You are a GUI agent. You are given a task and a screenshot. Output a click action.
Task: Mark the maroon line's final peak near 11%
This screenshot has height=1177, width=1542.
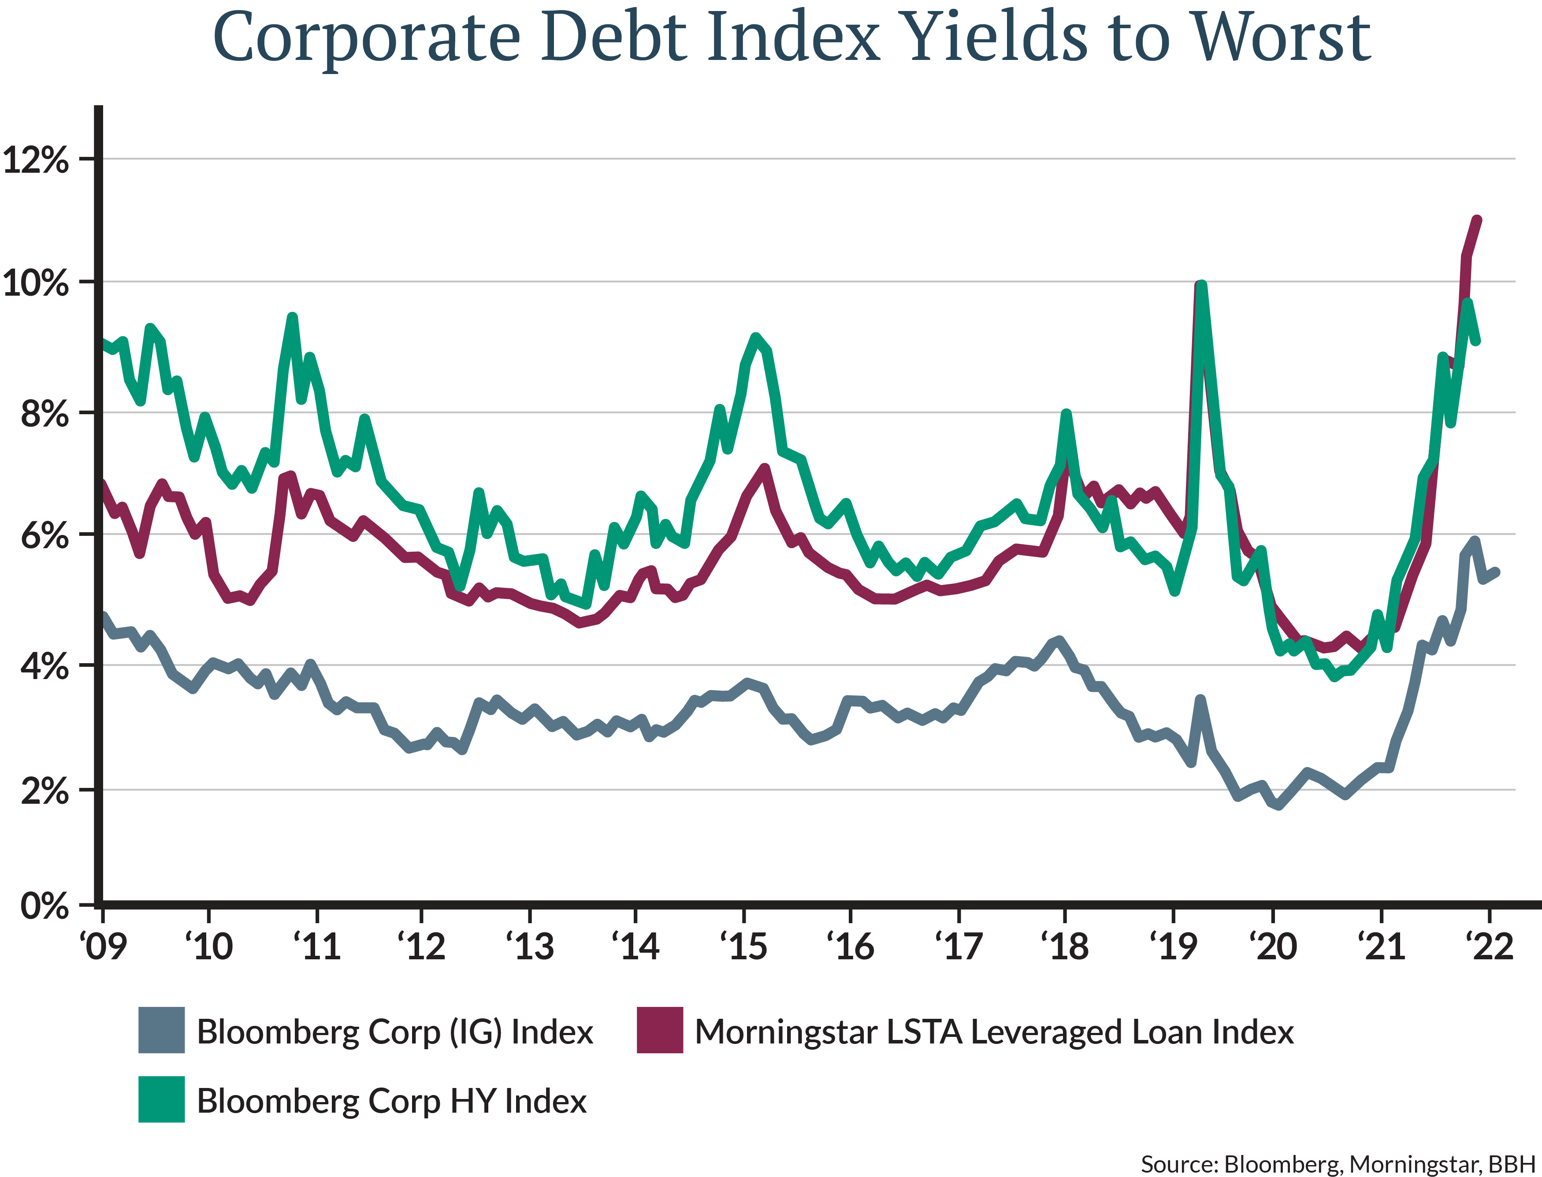(x=1478, y=220)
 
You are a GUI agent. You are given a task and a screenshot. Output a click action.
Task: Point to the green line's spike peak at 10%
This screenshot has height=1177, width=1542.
(x=1201, y=284)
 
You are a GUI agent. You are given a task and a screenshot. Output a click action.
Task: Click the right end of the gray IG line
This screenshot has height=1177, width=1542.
(x=1497, y=572)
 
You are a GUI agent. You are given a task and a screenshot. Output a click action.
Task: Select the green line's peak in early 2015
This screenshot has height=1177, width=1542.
(x=754, y=337)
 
